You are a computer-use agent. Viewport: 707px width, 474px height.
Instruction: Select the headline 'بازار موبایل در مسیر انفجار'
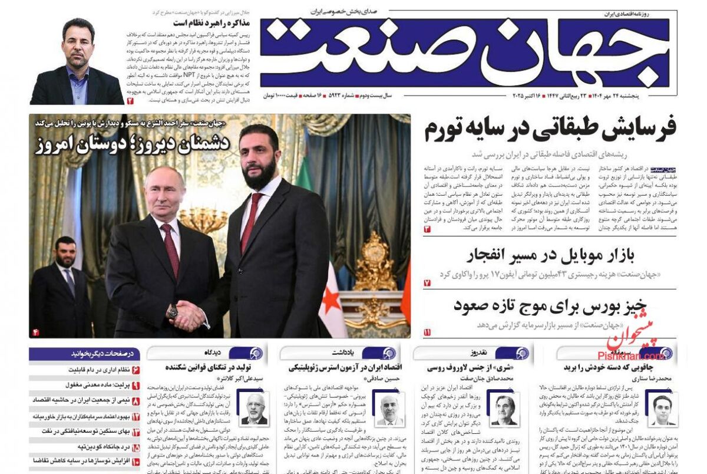[x=550, y=256]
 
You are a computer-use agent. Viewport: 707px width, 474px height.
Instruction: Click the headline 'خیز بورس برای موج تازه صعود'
[x=550, y=305]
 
